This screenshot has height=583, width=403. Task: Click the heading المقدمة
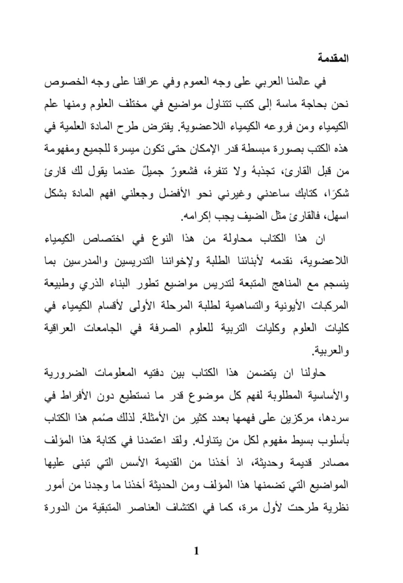click(x=332, y=59)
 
